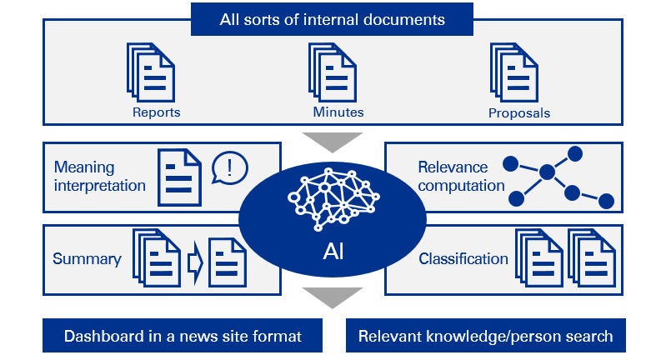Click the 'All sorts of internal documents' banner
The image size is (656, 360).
pos(332,18)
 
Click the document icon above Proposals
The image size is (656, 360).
pos(514,73)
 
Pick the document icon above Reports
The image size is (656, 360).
pos(151,73)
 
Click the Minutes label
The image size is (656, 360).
pos(338,112)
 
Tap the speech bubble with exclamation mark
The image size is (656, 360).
pos(229,167)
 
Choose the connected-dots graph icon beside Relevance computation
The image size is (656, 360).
pos(559,177)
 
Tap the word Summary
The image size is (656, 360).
pos(87,258)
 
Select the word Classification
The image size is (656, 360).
pos(463,258)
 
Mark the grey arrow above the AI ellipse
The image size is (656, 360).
pos(332,140)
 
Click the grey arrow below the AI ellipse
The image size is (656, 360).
pos(332,296)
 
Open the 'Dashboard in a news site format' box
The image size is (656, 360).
pos(182,337)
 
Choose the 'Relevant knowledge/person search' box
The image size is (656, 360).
pos(485,337)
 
